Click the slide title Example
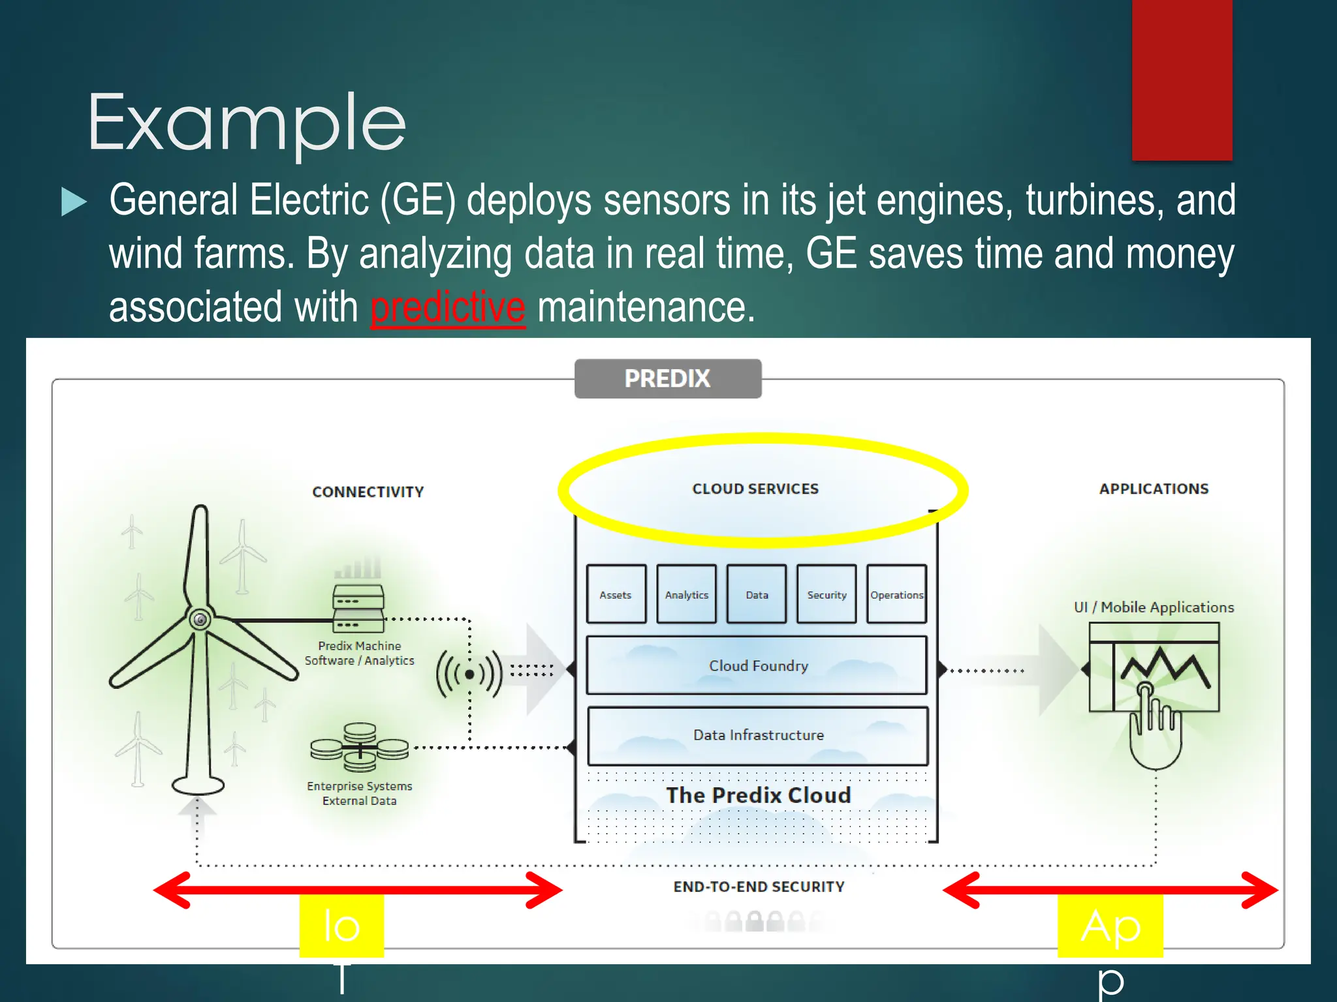tap(247, 123)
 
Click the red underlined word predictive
tap(448, 307)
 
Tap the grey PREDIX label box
tap(667, 378)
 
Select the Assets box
tap(616, 594)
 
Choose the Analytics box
tap(686, 594)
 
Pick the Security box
tap(826, 594)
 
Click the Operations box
tap(896, 594)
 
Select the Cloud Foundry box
tap(757, 665)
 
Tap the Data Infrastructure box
tap(757, 735)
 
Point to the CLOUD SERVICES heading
tap(755, 489)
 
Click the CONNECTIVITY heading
tap(368, 492)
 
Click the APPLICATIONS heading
tap(1154, 489)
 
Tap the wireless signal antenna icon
tap(469, 674)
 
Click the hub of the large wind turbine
tap(200, 619)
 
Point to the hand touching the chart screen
tap(1154, 727)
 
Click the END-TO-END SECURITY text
tap(759, 887)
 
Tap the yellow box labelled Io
tap(341, 925)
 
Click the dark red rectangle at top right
tap(1182, 80)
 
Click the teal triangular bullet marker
tap(73, 202)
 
